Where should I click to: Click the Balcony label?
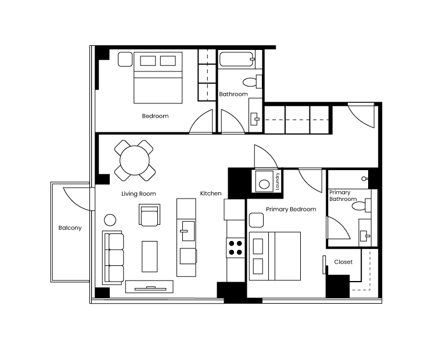70,228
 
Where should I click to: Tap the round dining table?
135,160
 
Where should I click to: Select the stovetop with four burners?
236,247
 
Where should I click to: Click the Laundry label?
278,181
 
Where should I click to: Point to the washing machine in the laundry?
264,181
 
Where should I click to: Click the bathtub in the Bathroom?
236,59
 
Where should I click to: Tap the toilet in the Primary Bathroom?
361,206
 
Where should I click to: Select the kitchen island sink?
188,231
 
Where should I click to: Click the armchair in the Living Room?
150,215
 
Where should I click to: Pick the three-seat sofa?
113,258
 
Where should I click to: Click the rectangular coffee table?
150,257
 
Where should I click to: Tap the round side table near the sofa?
110,220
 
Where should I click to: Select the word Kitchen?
211,193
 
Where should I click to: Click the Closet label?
343,262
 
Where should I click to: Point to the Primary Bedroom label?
291,210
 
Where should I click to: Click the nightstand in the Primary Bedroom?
256,220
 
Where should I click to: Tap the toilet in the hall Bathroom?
252,82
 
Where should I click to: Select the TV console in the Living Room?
149,286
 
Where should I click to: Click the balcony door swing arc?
75,201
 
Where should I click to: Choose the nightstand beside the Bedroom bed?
125,59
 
